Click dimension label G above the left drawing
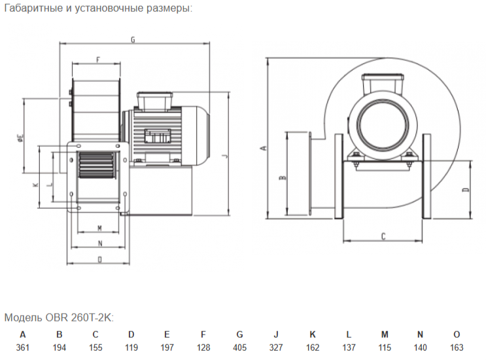133,40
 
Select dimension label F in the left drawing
98,60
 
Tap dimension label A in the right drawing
264,148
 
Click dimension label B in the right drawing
283,177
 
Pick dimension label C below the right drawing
383,236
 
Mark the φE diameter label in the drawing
21,137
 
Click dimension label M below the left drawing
99,228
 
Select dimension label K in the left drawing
36,185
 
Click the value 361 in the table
23,348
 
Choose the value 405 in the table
239,348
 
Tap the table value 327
276,348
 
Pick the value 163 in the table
457,348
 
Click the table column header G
239,334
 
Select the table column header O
457,334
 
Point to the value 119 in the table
131,348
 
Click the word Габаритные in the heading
34,8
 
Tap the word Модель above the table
24,317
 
